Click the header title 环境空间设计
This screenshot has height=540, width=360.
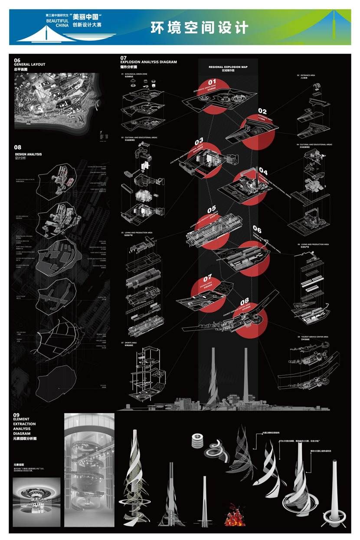(x=200, y=27)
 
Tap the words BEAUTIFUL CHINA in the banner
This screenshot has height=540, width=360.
(x=54, y=22)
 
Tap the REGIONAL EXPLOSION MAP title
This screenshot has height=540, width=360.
(x=228, y=67)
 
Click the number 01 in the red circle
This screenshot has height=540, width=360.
(x=212, y=82)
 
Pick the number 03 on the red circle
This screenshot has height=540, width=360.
(x=199, y=141)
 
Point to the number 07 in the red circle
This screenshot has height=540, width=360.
(x=207, y=278)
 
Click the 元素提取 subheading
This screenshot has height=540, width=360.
(x=20, y=465)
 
